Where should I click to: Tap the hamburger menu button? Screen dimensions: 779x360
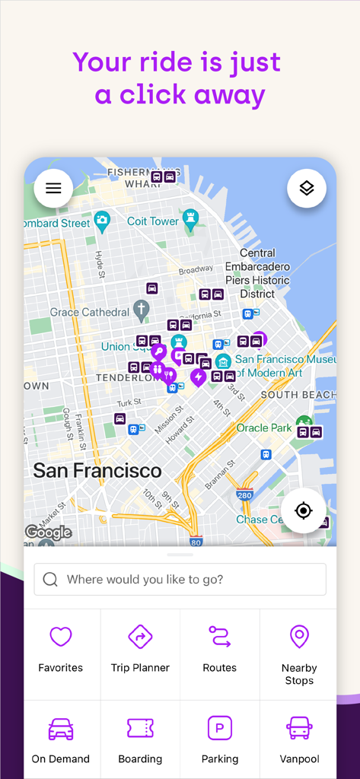point(53,189)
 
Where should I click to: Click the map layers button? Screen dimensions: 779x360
point(306,189)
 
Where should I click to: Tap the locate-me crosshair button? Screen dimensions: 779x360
point(303,510)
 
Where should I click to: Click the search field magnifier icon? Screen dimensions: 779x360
point(50,580)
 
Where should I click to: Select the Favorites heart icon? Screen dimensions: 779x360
point(60,637)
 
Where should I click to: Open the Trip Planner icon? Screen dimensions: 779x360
point(140,637)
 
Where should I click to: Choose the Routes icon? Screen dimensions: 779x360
point(220,637)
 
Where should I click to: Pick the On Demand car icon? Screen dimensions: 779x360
point(60,728)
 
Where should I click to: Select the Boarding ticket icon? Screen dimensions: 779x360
point(140,728)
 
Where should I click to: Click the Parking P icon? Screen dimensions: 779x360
point(220,728)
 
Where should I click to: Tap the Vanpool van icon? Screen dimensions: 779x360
point(299,728)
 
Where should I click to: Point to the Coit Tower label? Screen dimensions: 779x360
point(153,221)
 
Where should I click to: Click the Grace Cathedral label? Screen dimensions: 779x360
point(90,312)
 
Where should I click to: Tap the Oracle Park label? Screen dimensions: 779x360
point(263,428)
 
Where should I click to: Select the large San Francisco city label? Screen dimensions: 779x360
point(97,470)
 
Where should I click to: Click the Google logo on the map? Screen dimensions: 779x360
point(48,532)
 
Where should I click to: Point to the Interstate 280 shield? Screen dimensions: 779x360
point(244,495)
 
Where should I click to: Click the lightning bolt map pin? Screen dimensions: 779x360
point(198,377)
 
